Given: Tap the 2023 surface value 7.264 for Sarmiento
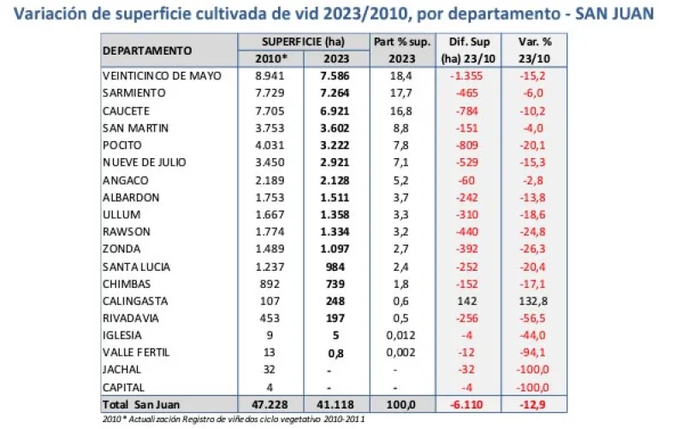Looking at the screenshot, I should click(x=335, y=92).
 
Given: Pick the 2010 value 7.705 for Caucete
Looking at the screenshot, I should click(x=273, y=111).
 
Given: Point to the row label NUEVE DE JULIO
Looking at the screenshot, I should click(x=144, y=162).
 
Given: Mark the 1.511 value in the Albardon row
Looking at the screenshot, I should click(x=335, y=197).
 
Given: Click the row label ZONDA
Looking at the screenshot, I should click(x=122, y=250).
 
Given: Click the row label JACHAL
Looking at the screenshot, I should click(x=122, y=370).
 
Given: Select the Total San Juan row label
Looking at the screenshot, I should click(x=142, y=404).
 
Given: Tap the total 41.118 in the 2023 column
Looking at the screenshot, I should click(x=335, y=404).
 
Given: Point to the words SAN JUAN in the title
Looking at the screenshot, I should click(x=618, y=14).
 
